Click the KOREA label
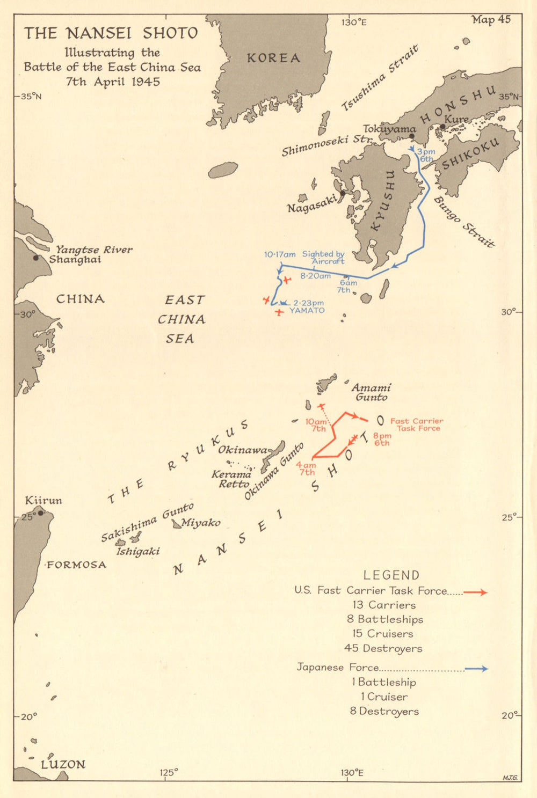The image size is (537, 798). click(x=273, y=58)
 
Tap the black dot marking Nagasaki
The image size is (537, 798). click(x=343, y=193)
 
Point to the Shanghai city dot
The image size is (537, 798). click(x=36, y=258)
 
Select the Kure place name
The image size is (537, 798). click(x=457, y=119)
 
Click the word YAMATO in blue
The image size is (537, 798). click(x=307, y=311)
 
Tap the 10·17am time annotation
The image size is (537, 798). click(x=280, y=254)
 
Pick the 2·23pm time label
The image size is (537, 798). click(x=308, y=303)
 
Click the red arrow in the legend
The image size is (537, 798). click(x=475, y=592)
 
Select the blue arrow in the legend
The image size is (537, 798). click(x=476, y=669)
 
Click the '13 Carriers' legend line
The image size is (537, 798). click(x=384, y=605)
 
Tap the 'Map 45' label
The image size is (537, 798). click(x=491, y=20)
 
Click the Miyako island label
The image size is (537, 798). click(x=200, y=523)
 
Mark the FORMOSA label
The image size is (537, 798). click(x=76, y=565)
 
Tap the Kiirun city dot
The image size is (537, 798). click(x=40, y=513)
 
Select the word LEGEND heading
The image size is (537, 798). click(x=391, y=575)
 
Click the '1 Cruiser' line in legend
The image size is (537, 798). click(x=384, y=697)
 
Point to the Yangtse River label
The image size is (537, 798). click(x=95, y=250)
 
